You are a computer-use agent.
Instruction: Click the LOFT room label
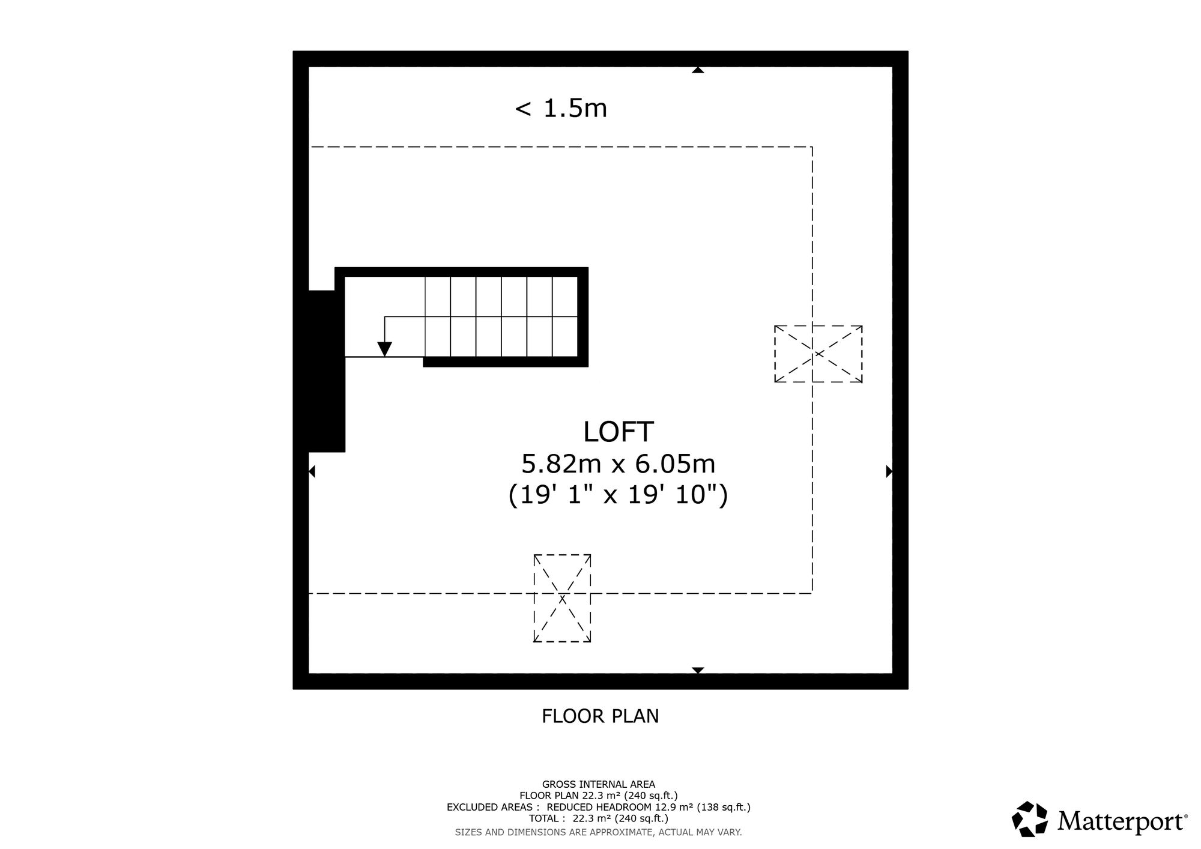618,432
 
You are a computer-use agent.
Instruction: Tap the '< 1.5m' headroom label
561,109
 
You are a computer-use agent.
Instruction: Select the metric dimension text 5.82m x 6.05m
618,464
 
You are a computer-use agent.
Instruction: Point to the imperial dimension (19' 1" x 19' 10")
618,496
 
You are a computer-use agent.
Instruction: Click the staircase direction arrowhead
384,349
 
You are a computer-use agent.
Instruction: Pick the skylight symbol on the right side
818,354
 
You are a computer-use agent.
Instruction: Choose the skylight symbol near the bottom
563,599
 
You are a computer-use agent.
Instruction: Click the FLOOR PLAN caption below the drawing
600,716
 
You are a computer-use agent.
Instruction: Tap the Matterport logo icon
1030,819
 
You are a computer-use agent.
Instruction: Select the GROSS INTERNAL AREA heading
599,784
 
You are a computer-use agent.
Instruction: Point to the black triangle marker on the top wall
698,70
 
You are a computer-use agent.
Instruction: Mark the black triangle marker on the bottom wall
698,670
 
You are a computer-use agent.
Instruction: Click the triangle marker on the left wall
312,471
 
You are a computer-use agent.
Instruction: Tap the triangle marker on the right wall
889,471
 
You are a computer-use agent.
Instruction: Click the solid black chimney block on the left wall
327,371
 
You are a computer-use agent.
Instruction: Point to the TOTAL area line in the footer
599,818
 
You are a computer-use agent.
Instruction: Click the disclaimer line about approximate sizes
599,832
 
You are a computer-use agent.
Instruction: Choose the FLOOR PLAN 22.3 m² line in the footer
599,796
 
